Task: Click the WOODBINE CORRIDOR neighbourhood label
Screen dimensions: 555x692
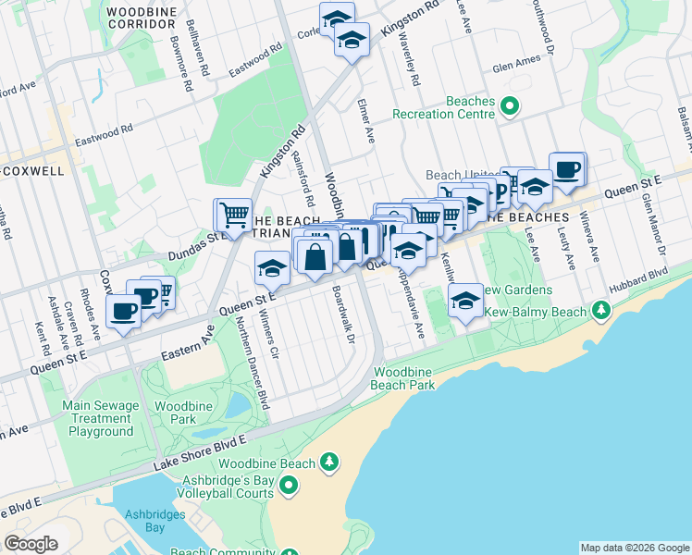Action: [142, 17]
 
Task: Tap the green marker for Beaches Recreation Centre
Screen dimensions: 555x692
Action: [509, 107]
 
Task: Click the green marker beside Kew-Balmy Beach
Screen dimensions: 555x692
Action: [602, 308]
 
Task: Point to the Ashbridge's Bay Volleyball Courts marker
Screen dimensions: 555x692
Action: [289, 485]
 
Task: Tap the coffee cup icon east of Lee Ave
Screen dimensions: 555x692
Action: [567, 168]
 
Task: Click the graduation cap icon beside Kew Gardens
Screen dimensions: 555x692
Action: [465, 301]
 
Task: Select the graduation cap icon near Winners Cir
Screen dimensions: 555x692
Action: [272, 268]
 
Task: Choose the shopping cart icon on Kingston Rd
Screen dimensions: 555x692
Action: [233, 215]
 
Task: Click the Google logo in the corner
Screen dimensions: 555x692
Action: [30, 544]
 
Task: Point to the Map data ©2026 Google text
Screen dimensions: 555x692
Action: [634, 548]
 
